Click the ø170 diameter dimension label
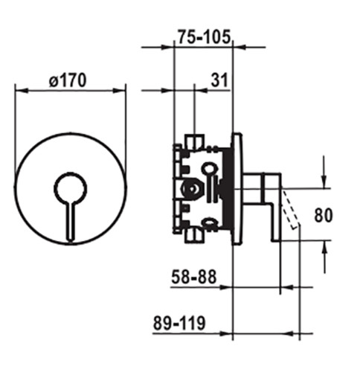click(x=68, y=80)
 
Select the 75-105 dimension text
click(x=205, y=36)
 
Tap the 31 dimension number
click(x=219, y=80)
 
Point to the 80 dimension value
click(x=323, y=215)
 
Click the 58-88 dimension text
click(x=194, y=277)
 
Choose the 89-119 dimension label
click(x=179, y=323)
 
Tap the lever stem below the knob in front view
click(x=71, y=222)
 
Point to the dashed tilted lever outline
click(x=291, y=208)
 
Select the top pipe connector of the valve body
click(x=195, y=141)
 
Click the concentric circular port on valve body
click(x=191, y=189)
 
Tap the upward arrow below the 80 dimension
click(x=326, y=257)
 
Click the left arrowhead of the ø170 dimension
click(x=21, y=91)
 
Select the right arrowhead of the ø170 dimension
click(x=119, y=91)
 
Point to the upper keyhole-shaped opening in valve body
click(x=210, y=169)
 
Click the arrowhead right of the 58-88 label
click(x=288, y=287)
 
